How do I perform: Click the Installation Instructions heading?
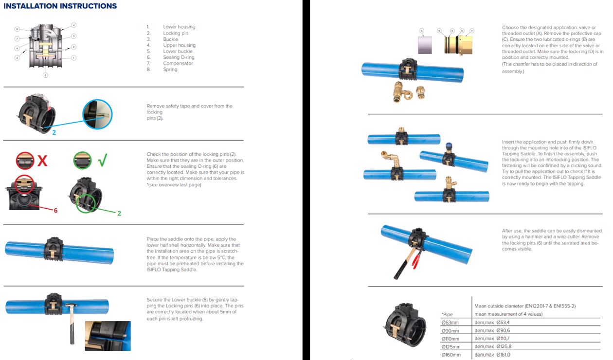coord(60,6)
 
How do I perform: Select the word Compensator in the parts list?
coord(178,63)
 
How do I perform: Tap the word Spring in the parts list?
coord(170,70)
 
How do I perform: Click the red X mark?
coord(42,161)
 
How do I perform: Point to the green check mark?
coord(103,160)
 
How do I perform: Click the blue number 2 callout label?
coord(54,132)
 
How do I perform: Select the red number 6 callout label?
coord(55,210)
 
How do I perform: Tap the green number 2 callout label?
coord(119,214)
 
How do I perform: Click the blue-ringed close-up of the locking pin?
coord(97,114)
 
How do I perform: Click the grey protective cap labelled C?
coord(425,45)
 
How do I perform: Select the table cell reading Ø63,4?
coord(503,323)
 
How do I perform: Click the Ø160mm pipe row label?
coord(451,355)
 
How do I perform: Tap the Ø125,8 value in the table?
coord(504,346)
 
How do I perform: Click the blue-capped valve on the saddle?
coord(449,148)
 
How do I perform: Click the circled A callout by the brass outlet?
coord(471,31)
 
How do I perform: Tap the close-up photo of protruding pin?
coord(108,336)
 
